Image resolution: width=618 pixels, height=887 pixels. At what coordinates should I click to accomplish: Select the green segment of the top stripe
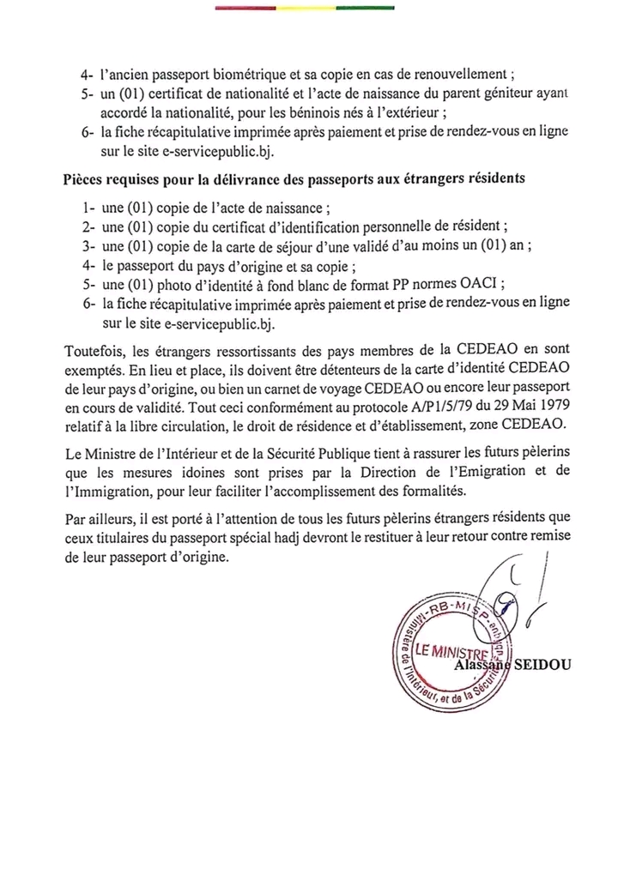[366, 8]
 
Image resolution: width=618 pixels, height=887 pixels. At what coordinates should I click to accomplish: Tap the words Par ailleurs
[97, 518]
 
